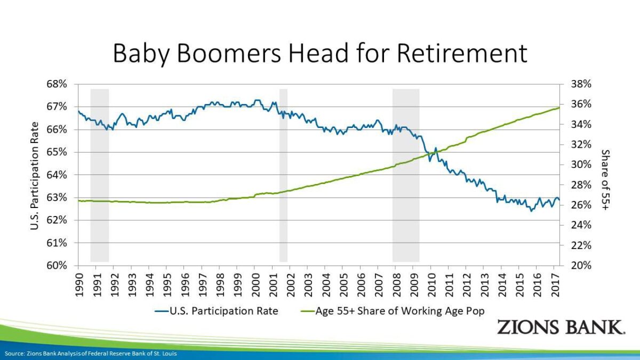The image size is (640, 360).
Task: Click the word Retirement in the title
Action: point(462,53)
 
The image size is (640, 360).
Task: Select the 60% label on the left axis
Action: point(57,266)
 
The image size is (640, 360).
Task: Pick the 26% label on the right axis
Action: point(581,205)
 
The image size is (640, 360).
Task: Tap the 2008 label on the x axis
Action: point(396,285)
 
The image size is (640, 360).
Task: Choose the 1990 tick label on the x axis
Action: point(79,285)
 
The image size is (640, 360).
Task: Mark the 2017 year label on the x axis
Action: point(555,285)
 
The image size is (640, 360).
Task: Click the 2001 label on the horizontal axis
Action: point(273,285)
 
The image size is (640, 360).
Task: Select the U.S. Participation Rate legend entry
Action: point(217,311)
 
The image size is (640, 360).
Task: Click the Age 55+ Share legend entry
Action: point(393,311)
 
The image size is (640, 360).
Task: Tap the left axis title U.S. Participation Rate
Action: point(34,176)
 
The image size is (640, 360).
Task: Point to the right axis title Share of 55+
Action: point(605,180)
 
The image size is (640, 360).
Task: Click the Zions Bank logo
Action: point(561,327)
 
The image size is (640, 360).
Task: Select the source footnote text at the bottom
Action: point(91,354)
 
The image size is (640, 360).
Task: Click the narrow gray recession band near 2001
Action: point(283,175)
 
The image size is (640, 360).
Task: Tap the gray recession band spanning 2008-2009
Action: point(406,175)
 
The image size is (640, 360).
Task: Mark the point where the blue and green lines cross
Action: point(432,154)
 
